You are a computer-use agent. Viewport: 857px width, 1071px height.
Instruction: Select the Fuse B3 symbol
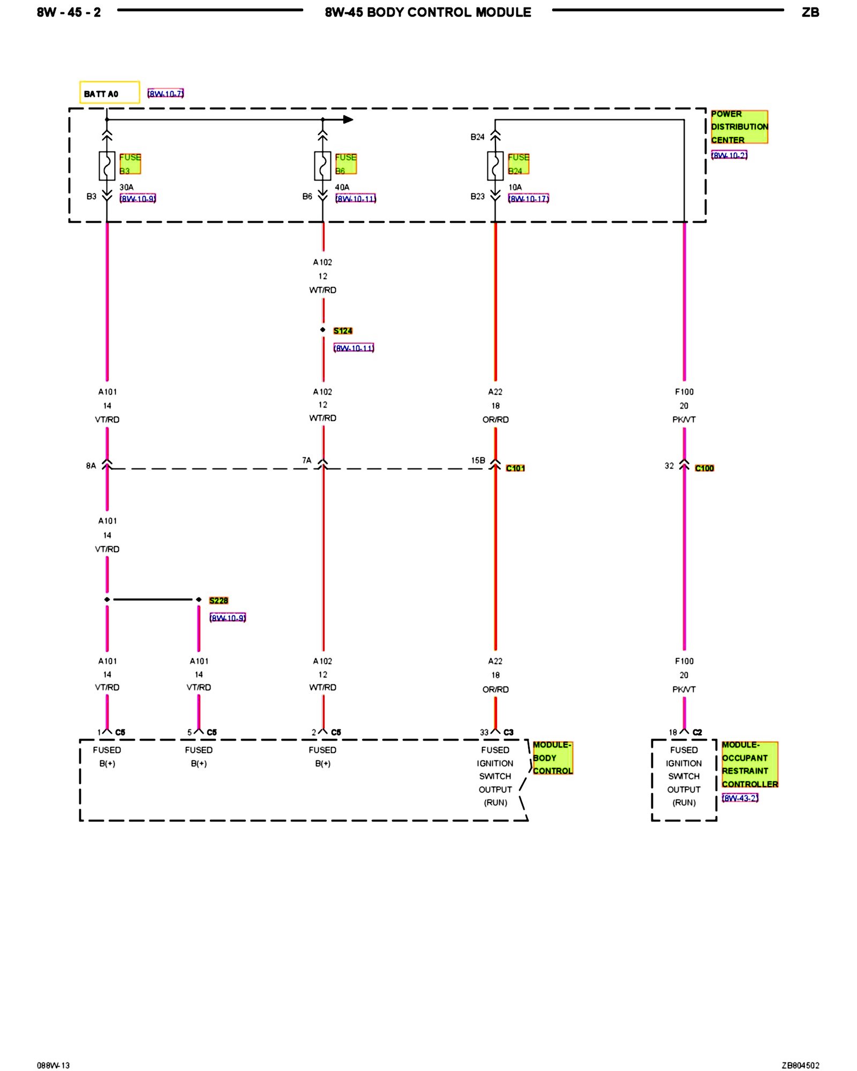click(107, 165)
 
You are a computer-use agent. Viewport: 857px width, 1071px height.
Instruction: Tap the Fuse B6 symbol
click(322, 165)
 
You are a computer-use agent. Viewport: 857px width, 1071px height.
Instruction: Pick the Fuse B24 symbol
click(495, 165)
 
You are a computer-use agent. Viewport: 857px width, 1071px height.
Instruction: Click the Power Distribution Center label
click(739, 127)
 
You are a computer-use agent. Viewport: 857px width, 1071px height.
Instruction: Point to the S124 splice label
click(343, 331)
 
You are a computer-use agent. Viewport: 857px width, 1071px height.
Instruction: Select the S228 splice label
click(219, 600)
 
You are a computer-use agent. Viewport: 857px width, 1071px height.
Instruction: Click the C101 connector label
click(515, 468)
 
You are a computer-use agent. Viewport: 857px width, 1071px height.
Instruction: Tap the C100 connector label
click(704, 468)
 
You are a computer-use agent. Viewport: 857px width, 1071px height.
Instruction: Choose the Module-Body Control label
click(553, 758)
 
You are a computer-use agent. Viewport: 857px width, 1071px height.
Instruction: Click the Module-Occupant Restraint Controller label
click(749, 764)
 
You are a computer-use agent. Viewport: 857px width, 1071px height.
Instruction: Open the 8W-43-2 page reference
click(740, 798)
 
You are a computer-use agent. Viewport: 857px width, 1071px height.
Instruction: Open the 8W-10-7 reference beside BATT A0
click(166, 94)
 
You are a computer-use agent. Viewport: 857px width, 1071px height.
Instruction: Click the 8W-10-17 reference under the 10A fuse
click(528, 199)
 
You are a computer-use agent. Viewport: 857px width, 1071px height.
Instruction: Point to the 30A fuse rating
click(126, 187)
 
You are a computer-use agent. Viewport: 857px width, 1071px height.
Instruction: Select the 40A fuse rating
click(342, 187)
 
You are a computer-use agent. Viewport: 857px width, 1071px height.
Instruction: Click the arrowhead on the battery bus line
click(348, 119)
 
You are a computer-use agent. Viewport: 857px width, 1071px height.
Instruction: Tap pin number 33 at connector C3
click(484, 732)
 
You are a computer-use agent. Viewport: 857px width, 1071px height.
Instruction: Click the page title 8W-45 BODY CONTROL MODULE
click(428, 12)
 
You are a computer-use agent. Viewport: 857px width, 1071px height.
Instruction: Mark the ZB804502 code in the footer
click(800, 1065)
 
